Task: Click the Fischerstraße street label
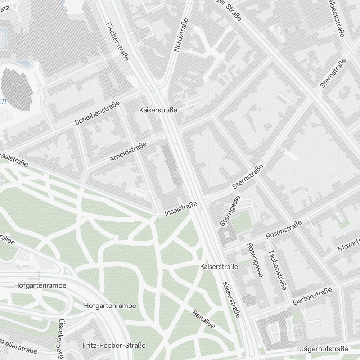tap(118, 41)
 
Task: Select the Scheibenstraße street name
tap(97, 113)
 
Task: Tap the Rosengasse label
tap(254, 260)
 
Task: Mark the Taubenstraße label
tap(277, 269)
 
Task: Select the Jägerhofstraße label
tap(324, 349)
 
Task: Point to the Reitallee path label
tap(203, 319)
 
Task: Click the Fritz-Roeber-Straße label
tap(114, 345)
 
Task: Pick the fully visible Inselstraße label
tap(181, 209)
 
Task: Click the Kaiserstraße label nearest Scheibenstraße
tap(158, 110)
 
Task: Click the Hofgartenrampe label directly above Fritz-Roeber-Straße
tap(110, 306)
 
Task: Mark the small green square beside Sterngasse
tap(240, 221)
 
